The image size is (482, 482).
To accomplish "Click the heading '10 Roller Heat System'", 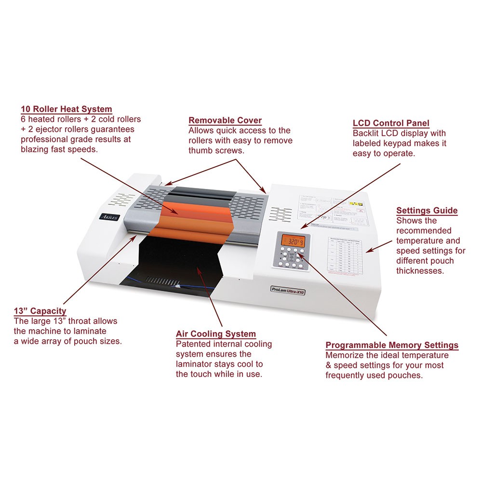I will pyautogui.click(x=67, y=109).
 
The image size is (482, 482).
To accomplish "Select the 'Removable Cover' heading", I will pyautogui.click(x=225, y=120).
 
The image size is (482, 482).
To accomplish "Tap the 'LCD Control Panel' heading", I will pyautogui.click(x=391, y=123).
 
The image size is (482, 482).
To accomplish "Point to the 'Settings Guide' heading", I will pyautogui.click(x=427, y=211).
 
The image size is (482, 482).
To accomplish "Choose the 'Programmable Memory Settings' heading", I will pyautogui.click(x=392, y=345).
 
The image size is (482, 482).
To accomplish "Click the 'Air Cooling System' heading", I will pyautogui.click(x=216, y=334).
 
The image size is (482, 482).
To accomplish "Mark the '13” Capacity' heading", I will pyautogui.click(x=40, y=311).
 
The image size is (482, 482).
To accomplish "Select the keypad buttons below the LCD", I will pyautogui.click(x=291, y=258).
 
